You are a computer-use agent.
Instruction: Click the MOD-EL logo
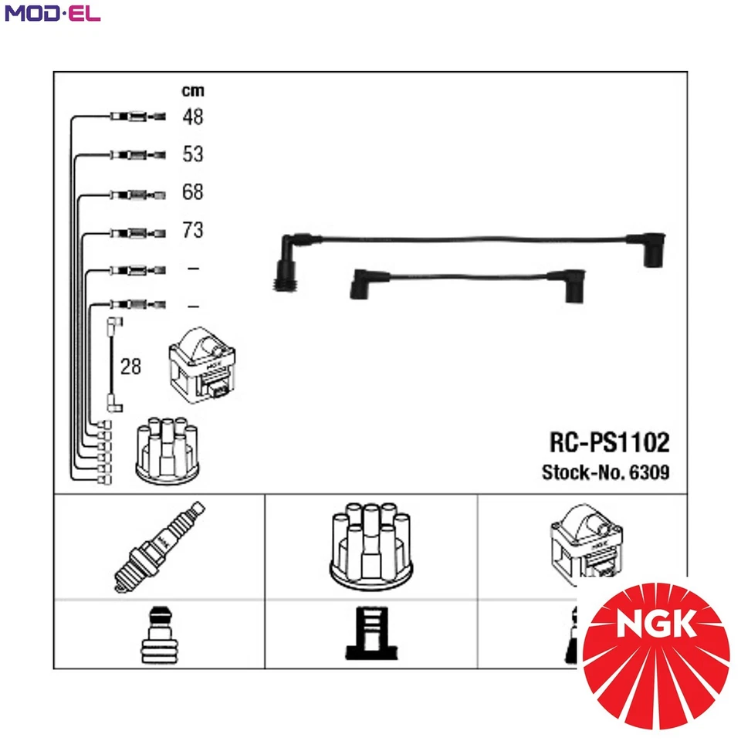click(52, 13)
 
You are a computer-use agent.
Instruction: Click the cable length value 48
click(192, 117)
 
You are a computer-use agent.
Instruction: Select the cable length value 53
click(192, 154)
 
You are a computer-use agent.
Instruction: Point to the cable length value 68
click(192, 191)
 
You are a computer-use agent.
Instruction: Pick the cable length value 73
click(192, 229)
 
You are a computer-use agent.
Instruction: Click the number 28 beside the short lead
click(131, 366)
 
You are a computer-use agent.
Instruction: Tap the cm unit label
click(192, 90)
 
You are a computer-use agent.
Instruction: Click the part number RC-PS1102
click(609, 442)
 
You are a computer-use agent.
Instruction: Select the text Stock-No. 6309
click(605, 472)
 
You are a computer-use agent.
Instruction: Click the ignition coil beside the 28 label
click(201, 367)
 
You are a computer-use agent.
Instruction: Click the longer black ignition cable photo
click(471, 247)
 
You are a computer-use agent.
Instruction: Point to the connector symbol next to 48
click(137, 117)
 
